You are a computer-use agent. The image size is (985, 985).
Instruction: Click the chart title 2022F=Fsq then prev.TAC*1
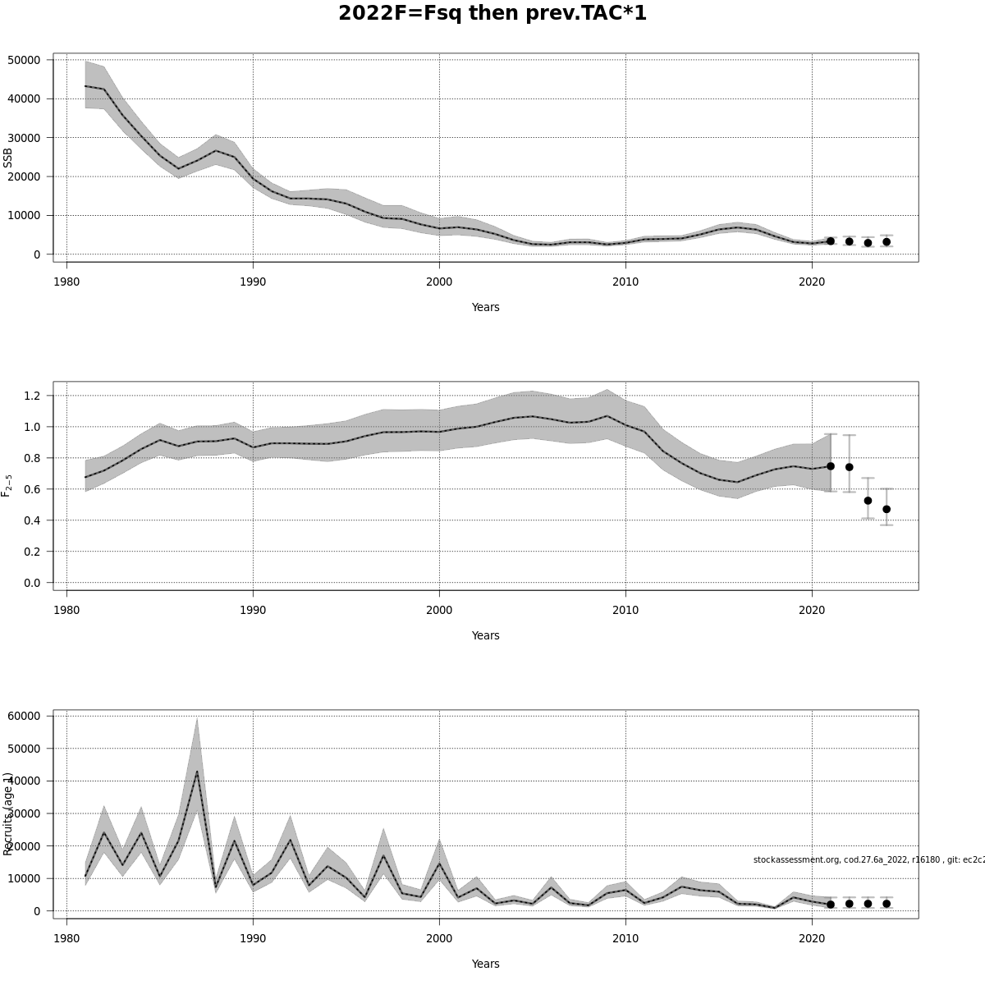point(492,14)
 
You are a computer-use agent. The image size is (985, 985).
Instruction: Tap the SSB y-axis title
point(8,158)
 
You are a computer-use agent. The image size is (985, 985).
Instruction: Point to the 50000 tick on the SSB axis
point(24,60)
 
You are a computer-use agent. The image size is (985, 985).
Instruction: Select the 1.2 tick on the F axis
point(32,396)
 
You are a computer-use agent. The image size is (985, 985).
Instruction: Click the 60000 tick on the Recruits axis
point(24,716)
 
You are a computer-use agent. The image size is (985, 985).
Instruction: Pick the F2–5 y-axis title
point(7,485)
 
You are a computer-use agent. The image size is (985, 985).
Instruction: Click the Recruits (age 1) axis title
point(8,813)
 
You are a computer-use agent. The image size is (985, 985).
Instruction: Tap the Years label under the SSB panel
point(485,307)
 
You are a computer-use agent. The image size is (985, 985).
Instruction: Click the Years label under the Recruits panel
point(485,964)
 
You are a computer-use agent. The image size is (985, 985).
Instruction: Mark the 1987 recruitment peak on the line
point(197,771)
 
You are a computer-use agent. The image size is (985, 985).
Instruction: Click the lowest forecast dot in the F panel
point(886,509)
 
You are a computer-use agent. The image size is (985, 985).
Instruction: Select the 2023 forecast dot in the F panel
point(868,500)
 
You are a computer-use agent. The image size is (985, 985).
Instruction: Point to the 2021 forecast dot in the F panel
point(831,465)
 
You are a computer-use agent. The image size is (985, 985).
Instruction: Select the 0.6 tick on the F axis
point(32,489)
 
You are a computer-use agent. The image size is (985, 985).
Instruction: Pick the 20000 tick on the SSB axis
point(24,176)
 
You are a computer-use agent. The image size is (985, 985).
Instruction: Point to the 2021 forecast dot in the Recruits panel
point(831,905)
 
